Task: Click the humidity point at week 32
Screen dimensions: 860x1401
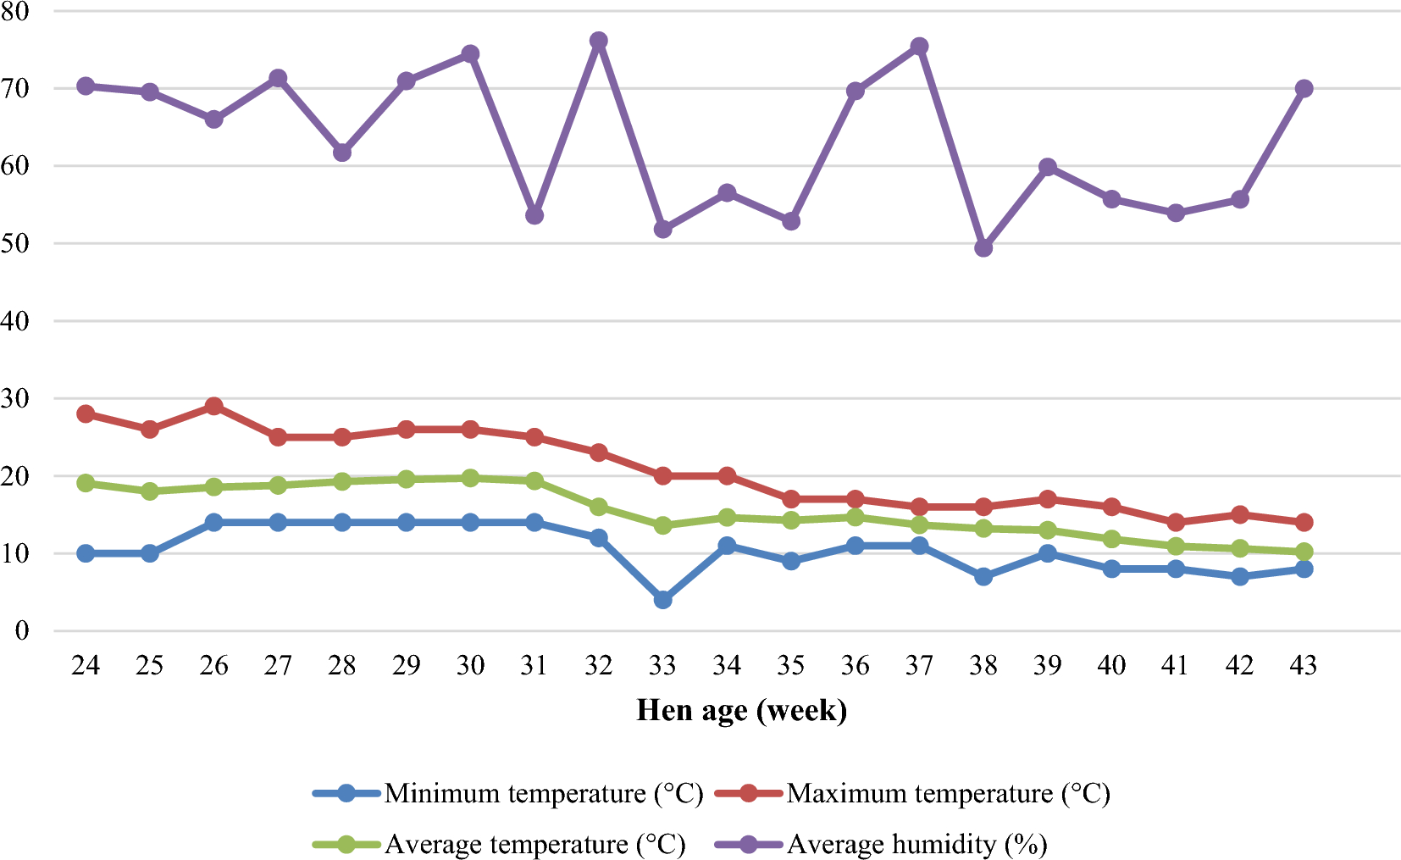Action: [x=598, y=41]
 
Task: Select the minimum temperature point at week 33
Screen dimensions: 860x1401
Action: [x=662, y=600]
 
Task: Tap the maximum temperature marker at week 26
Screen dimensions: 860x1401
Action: [x=213, y=407]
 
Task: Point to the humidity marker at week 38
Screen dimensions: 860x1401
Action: [x=983, y=248]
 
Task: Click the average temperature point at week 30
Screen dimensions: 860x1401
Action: [x=470, y=479]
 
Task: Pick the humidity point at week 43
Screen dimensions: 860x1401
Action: [x=1304, y=88]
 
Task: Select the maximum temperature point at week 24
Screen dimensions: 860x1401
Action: [x=86, y=414]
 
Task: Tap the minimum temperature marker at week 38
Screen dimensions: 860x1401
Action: [x=983, y=577]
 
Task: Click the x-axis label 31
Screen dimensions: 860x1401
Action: [x=534, y=667]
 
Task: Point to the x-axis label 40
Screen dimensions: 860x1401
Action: [x=1111, y=667]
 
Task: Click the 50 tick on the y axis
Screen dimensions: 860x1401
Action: [x=14, y=243]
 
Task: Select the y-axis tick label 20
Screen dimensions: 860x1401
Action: [x=14, y=476]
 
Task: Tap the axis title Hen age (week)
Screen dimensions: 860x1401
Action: [x=741, y=710]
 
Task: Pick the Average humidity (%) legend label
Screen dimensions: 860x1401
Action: [x=916, y=845]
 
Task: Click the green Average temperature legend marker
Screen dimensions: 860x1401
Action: [x=346, y=845]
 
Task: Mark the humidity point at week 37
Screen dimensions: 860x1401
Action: [x=919, y=47]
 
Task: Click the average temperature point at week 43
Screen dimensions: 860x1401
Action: [x=1304, y=552]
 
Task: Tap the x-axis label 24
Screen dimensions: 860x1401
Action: [x=86, y=667]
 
